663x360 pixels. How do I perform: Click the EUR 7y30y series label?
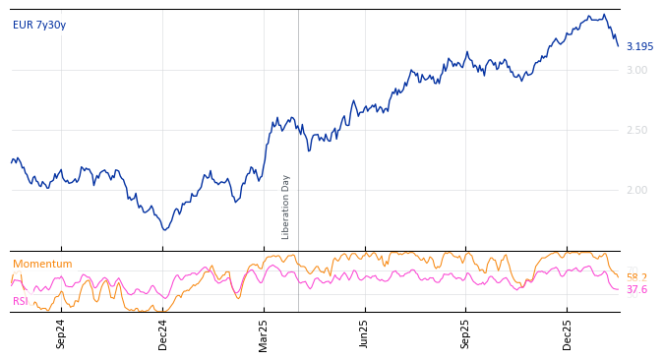39,25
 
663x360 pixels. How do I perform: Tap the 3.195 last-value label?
639,46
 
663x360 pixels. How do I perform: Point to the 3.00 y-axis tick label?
636,70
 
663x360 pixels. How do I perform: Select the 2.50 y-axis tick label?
636,130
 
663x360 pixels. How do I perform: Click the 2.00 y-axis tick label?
636,190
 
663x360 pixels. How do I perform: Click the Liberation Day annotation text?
286,207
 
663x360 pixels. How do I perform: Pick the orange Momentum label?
42,264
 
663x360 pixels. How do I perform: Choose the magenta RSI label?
21,301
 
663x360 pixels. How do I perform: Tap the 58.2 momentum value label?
636,277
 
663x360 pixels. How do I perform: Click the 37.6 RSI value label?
636,289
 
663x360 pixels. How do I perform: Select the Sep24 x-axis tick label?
61,333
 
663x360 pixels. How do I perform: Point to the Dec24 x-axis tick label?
163,333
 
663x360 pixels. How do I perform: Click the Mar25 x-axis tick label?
264,333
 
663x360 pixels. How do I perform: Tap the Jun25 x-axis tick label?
364,333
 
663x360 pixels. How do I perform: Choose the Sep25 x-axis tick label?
465,333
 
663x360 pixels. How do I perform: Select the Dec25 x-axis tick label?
568,333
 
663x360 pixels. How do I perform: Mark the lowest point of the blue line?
164,230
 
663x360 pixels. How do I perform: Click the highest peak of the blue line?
603,15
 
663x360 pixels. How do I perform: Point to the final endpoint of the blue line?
619,46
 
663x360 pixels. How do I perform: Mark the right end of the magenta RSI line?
619,289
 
